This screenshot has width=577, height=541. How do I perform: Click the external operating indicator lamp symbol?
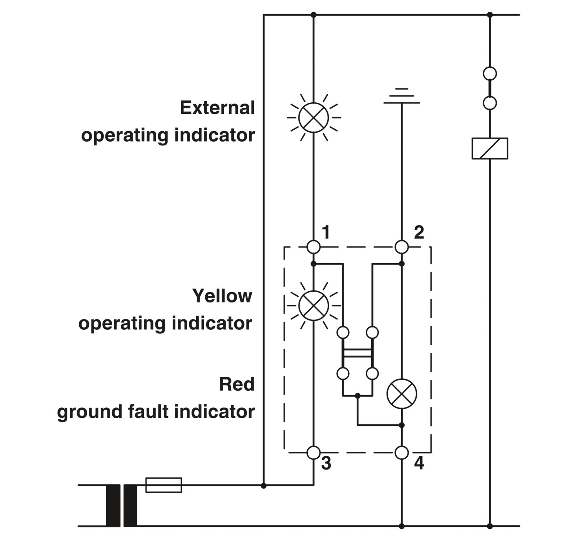(314, 117)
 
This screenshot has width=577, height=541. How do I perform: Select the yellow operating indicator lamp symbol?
(314, 306)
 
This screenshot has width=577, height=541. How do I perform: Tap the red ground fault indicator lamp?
(402, 394)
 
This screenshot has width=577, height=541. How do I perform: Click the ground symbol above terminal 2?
(402, 96)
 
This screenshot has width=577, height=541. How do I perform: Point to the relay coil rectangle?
(490, 148)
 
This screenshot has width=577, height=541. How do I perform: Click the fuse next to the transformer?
(163, 485)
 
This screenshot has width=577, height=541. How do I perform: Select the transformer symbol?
(122, 505)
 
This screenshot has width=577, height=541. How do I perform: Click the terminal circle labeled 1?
(314, 247)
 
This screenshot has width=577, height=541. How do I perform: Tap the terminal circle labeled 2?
(402, 247)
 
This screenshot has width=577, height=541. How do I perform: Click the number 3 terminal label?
(326, 464)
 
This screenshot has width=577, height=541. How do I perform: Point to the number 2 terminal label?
(419, 232)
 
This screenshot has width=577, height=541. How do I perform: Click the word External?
(217, 108)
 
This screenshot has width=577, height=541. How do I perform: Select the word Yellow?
(222, 296)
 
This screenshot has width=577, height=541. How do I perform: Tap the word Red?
(237, 384)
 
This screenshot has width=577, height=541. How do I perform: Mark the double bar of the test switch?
(357, 353)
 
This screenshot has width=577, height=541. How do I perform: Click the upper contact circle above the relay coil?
(490, 73)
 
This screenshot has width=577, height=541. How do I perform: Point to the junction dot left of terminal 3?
(263, 486)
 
